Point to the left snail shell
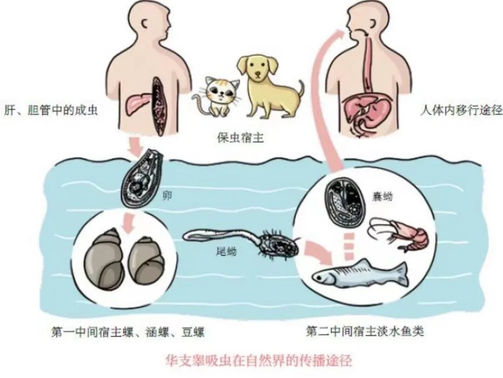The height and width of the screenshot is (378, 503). click(105, 258)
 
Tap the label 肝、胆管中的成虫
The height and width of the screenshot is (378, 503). click(51, 111)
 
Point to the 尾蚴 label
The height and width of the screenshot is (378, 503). click(226, 252)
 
